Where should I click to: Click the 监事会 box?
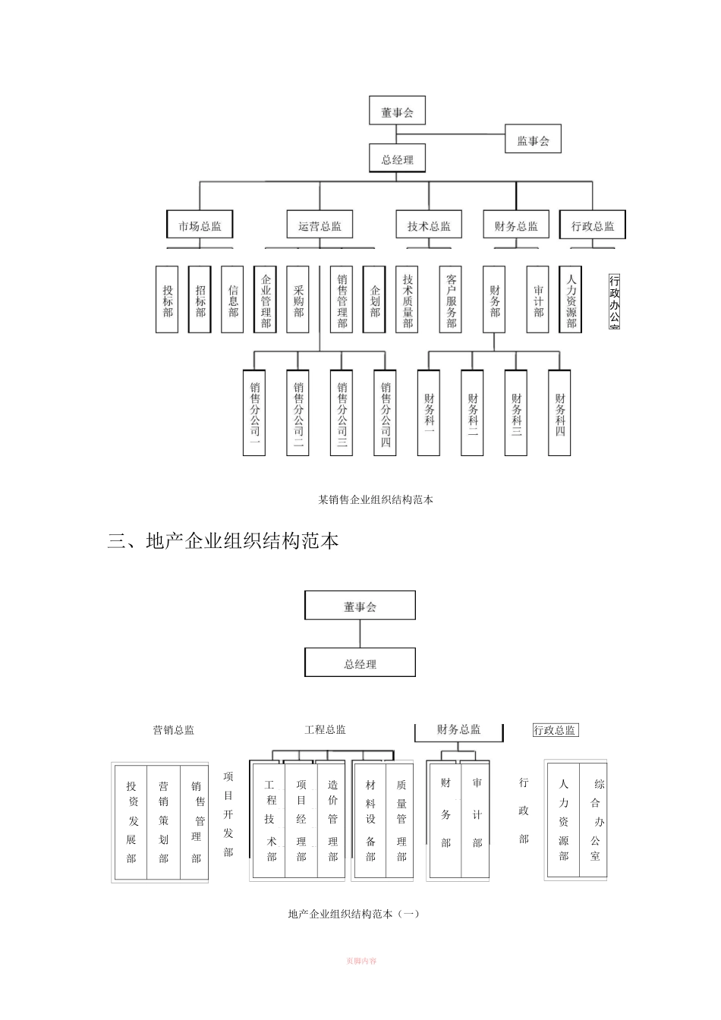tap(533, 140)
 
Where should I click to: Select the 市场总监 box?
tap(200, 225)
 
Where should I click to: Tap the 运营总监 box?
tap(320, 225)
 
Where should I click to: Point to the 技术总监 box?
tap(429, 225)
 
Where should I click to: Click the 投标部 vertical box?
tap(167, 299)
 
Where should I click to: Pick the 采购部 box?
tap(298, 299)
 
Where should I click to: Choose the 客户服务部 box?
tap(451, 299)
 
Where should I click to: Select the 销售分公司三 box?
tap(342, 412)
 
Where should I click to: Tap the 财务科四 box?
tap(559, 412)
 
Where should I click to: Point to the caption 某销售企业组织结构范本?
tap(375, 499)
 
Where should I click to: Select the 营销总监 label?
tap(173, 729)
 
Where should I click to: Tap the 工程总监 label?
tap(325, 729)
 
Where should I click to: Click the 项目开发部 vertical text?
tap(228, 814)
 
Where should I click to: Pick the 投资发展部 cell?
tap(131, 822)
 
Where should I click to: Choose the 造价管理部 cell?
tap(332, 822)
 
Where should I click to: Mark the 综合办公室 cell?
tap(596, 820)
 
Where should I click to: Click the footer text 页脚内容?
tap(360, 961)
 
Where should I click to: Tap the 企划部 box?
tap(374, 299)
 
